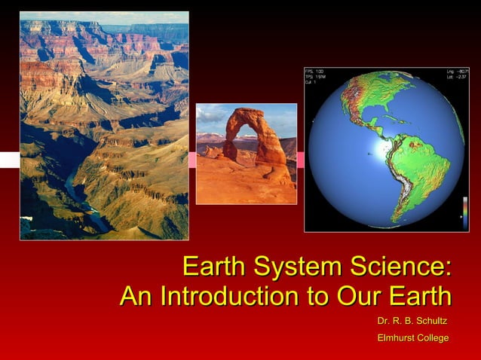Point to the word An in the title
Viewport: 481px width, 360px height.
coord(138,295)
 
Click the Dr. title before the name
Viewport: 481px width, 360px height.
coord(384,322)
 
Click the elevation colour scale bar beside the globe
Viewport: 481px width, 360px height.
coord(464,221)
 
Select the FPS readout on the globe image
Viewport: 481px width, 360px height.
coord(313,72)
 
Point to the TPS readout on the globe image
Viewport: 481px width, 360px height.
coord(314,77)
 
